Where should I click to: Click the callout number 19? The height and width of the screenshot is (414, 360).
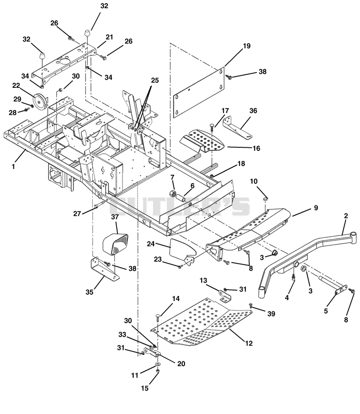coord(247,46)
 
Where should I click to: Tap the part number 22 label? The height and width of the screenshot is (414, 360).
coord(16,86)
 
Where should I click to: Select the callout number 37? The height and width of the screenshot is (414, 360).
coord(115,217)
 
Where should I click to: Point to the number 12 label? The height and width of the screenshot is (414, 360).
coord(249,343)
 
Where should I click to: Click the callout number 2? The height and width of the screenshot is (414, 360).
coord(346,216)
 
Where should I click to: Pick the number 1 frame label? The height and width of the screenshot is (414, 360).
coord(13,167)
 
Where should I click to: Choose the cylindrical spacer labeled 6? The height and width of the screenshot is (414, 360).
coord(180,198)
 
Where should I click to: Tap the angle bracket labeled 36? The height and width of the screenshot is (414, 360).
coord(237,128)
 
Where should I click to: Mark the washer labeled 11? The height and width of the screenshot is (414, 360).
coord(157,364)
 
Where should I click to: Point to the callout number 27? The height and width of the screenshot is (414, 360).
coord(77,214)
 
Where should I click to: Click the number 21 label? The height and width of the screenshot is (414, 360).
coord(109,37)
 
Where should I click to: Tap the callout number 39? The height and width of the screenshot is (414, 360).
coord(271,314)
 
